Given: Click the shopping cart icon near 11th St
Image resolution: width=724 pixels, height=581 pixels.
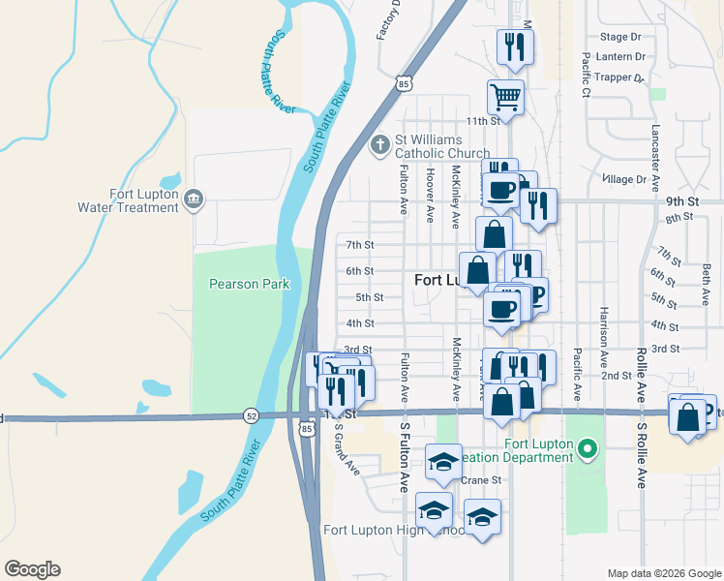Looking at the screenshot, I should click(505, 96).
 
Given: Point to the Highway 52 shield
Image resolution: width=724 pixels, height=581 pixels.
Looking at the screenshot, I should click(251, 415).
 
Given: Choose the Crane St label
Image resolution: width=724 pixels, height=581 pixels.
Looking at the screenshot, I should click(480, 479).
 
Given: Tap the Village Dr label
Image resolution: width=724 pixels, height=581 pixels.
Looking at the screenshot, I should click(622, 179).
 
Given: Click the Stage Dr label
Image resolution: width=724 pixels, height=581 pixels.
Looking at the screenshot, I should click(620, 37).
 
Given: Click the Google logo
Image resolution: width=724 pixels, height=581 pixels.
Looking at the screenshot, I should click(32, 569).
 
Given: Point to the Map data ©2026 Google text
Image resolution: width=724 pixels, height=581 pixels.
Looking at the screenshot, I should click(663, 573).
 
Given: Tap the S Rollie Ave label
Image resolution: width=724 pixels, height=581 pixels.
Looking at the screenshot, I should click(640, 453).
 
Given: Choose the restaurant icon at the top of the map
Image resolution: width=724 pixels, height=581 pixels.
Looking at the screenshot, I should click(512, 46).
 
